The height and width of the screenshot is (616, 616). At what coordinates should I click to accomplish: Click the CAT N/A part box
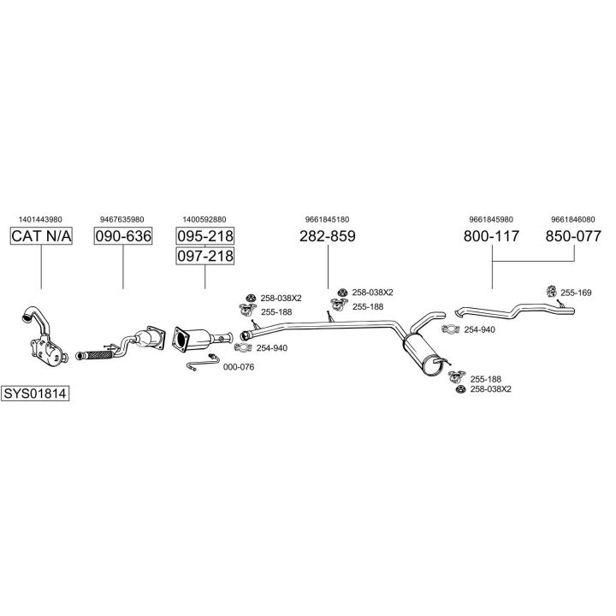(x=41, y=236)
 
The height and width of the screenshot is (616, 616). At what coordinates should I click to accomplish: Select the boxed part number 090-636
(x=122, y=236)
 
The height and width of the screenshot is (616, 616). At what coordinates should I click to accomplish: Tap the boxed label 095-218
(x=204, y=236)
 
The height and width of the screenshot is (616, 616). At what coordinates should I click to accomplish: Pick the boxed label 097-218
(x=204, y=256)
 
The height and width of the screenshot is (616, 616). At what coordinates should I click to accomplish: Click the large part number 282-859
(x=327, y=236)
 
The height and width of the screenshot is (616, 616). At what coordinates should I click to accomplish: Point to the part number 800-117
(x=491, y=236)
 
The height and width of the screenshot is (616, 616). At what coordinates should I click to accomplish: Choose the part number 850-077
(x=573, y=236)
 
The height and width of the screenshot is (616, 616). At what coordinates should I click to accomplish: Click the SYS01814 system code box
(x=35, y=394)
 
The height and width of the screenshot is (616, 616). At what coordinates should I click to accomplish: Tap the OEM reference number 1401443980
(x=41, y=218)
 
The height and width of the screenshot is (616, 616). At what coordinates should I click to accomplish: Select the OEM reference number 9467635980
(x=122, y=218)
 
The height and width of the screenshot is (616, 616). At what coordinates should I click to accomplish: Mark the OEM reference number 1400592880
(x=204, y=218)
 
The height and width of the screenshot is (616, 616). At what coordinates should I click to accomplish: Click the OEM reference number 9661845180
(x=327, y=218)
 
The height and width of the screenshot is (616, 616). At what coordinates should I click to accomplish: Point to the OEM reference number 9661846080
(x=573, y=218)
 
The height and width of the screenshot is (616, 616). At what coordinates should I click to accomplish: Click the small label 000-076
(x=238, y=367)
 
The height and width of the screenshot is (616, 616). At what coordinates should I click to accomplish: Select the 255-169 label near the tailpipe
(x=576, y=293)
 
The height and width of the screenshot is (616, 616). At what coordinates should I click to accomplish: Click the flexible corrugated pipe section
(x=94, y=351)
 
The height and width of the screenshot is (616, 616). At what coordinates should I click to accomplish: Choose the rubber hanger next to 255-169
(x=552, y=293)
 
